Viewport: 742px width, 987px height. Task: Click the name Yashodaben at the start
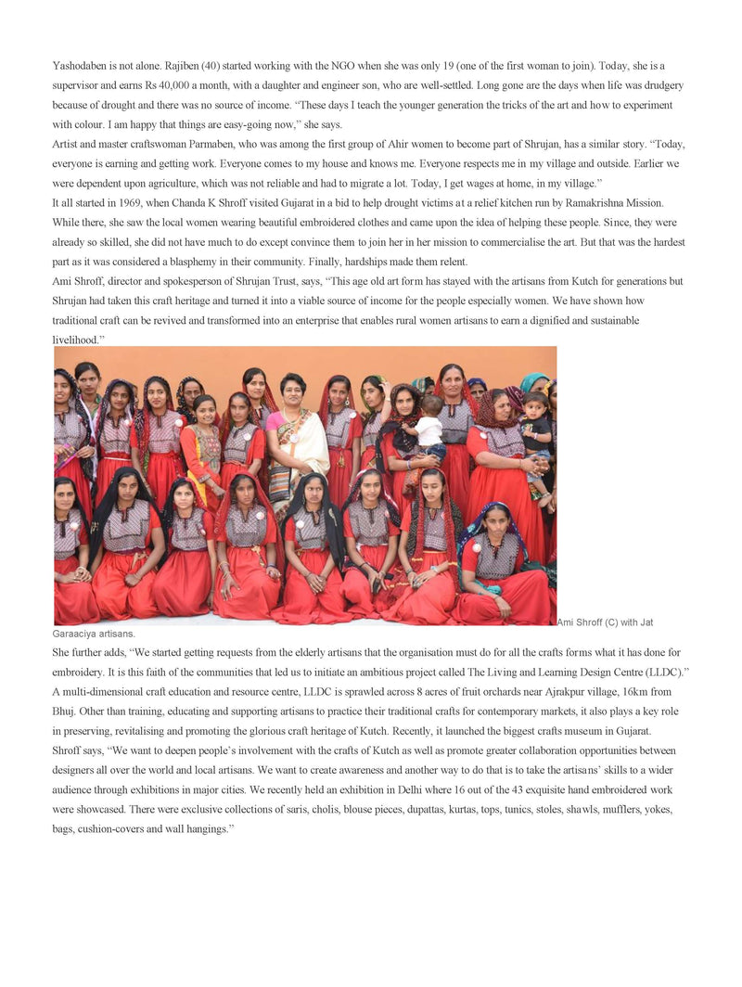tap(80, 66)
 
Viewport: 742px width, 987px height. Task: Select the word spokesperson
tap(185, 281)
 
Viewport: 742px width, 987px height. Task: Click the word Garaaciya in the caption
tap(78, 634)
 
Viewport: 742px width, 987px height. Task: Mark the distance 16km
tap(636, 692)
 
